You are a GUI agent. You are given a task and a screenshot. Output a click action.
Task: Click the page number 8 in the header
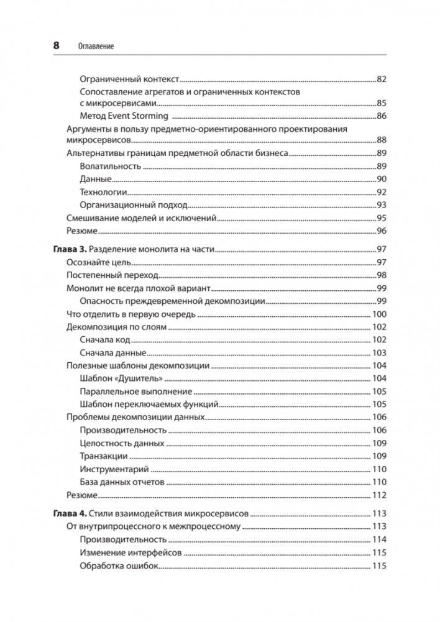56,45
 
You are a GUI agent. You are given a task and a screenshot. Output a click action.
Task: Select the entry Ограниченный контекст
130,79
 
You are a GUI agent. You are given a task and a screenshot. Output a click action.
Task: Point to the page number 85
382,103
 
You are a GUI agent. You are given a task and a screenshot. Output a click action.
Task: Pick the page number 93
382,205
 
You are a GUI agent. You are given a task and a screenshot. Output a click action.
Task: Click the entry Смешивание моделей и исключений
140,218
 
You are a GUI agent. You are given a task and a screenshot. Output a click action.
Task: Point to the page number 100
379,314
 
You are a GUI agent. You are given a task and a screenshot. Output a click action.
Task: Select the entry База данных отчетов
122,482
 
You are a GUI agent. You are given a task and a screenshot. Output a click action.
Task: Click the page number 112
379,495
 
